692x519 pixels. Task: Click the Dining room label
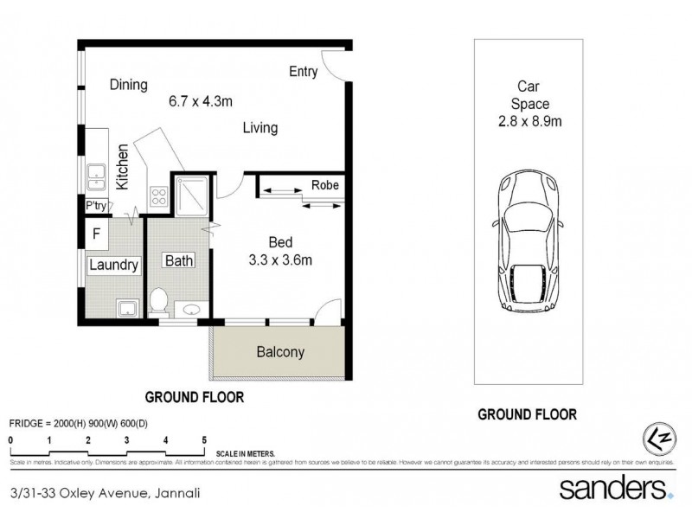click(128, 85)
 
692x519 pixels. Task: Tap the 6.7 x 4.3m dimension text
click(201, 101)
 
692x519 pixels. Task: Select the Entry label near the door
click(303, 72)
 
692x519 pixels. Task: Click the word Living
click(259, 128)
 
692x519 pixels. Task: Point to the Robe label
click(324, 185)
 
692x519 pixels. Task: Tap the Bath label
click(181, 260)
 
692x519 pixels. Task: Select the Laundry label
click(113, 266)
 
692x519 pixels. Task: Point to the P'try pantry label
click(95, 206)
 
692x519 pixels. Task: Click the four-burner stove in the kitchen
click(158, 195)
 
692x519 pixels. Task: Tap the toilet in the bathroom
click(158, 301)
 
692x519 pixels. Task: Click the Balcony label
click(279, 352)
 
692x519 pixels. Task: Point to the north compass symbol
click(655, 437)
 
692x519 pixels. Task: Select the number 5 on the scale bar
click(204, 439)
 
